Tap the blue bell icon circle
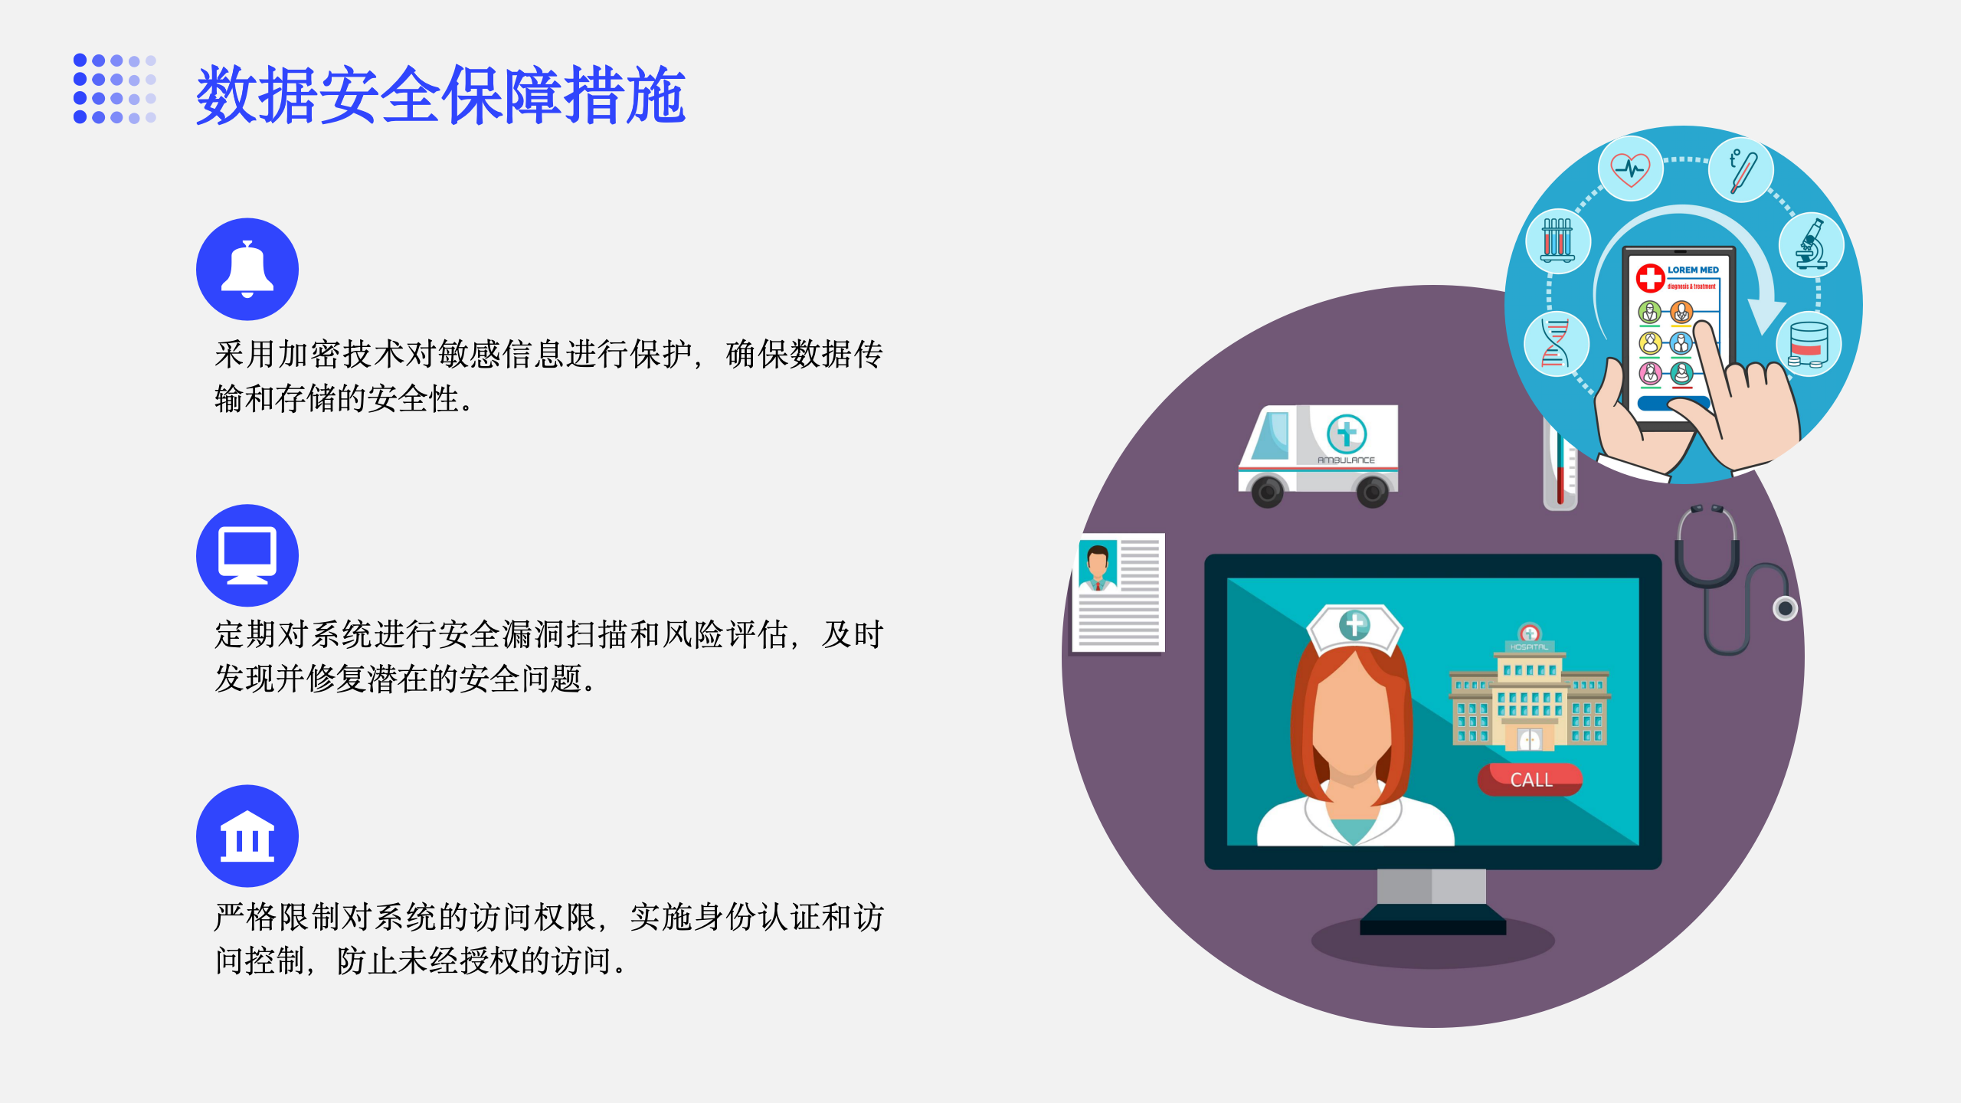[247, 269]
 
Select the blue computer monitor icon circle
[247, 555]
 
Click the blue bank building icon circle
[247, 836]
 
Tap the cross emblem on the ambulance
[1347, 434]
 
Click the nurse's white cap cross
[1354, 624]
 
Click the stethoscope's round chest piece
[1785, 608]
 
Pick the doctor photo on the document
[1098, 565]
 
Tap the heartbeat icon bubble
[1630, 169]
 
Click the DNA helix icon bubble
[1556, 343]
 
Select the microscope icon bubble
[1812, 245]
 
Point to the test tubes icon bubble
[1557, 241]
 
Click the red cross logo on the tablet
[1651, 277]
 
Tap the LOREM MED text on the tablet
[1693, 270]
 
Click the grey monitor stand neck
[1431, 887]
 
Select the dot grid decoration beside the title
[115, 88]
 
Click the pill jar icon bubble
[1809, 344]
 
